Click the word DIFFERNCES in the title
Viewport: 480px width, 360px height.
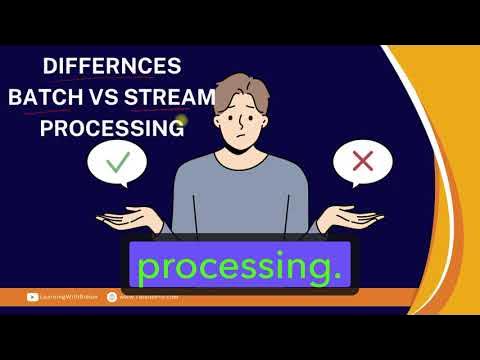click(x=112, y=67)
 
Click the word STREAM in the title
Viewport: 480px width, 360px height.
click(x=170, y=98)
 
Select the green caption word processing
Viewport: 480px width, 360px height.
click(x=240, y=268)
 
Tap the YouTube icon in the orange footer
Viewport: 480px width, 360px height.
click(x=34, y=296)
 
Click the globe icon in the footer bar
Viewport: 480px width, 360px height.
click(x=111, y=296)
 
